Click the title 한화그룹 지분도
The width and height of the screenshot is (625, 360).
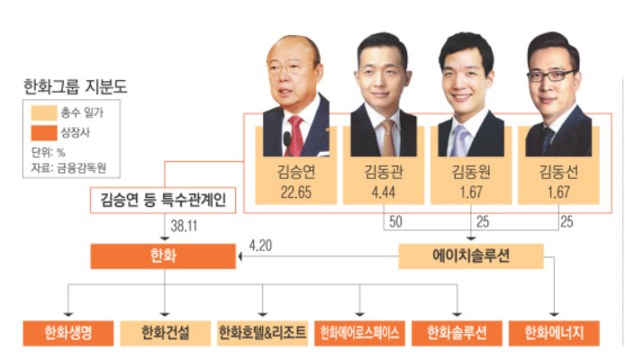(76, 89)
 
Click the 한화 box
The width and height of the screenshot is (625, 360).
(164, 257)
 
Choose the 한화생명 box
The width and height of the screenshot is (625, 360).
(71, 333)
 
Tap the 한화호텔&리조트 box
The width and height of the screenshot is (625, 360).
(263, 333)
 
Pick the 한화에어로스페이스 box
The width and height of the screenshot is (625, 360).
(360, 333)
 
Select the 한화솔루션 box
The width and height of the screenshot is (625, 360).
(457, 333)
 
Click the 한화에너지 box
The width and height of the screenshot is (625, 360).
(553, 333)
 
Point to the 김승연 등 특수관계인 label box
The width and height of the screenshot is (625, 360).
(163, 200)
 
